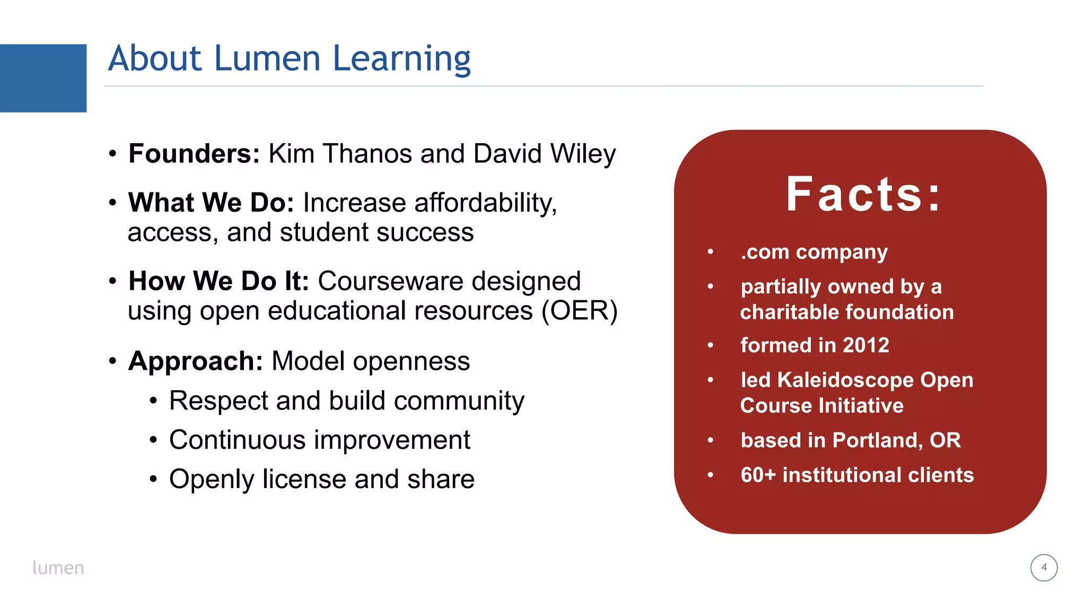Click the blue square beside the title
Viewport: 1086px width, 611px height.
tap(43, 78)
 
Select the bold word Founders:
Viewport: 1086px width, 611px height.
tap(194, 154)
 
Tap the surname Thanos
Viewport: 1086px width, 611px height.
tap(367, 154)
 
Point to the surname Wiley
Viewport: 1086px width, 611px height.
tap(583, 154)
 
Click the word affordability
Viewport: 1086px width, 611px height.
tap(485, 203)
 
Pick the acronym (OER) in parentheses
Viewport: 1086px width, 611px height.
tap(579, 311)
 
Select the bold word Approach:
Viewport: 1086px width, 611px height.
tap(196, 362)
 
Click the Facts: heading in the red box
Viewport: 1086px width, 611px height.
tap(863, 195)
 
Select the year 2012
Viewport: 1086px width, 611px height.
tap(866, 345)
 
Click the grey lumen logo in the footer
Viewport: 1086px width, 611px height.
tap(58, 568)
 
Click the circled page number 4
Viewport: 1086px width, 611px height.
tap(1044, 568)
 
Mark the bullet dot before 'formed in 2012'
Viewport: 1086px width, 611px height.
tap(710, 345)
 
